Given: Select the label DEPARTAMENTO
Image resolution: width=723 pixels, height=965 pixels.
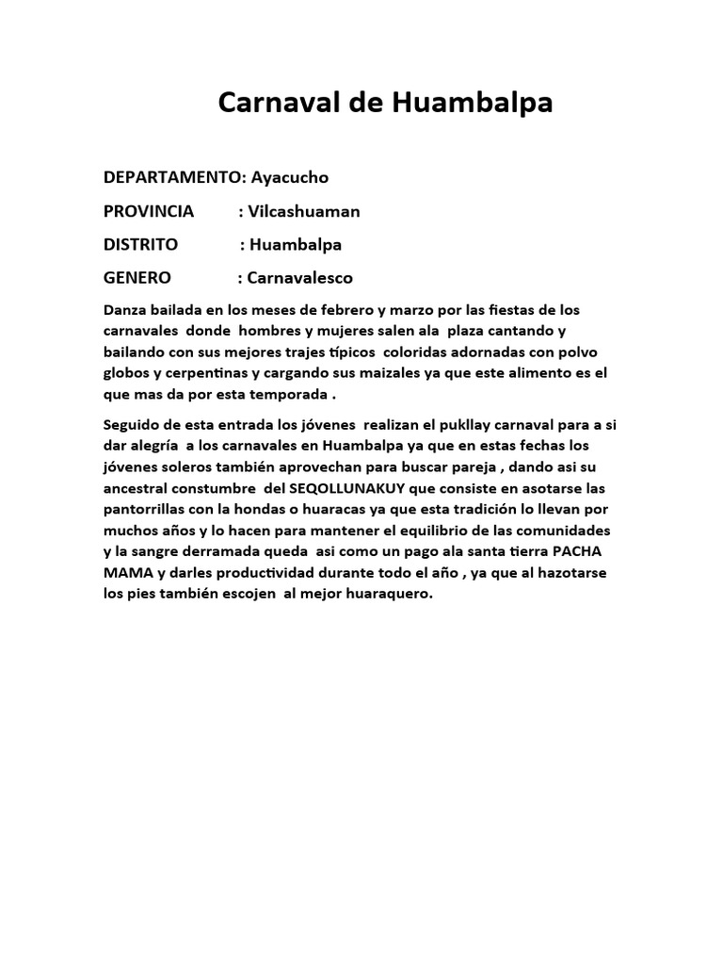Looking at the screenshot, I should click(x=173, y=177).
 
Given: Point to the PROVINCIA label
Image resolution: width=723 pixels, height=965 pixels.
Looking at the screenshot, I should click(x=149, y=211).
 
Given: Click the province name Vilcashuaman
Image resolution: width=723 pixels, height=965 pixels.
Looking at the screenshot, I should click(x=303, y=211).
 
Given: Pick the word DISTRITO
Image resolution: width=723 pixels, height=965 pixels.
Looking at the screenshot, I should click(x=140, y=245).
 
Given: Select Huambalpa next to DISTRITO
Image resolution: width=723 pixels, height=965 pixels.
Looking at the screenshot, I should click(x=297, y=245).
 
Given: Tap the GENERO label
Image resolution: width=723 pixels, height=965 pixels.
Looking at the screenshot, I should click(x=137, y=278).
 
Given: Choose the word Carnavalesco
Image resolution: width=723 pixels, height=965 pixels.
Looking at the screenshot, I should click(x=300, y=278).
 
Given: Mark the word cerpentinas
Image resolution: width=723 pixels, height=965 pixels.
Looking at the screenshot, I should click(x=197, y=374).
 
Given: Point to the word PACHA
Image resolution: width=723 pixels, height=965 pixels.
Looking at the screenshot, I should click(x=580, y=550).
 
